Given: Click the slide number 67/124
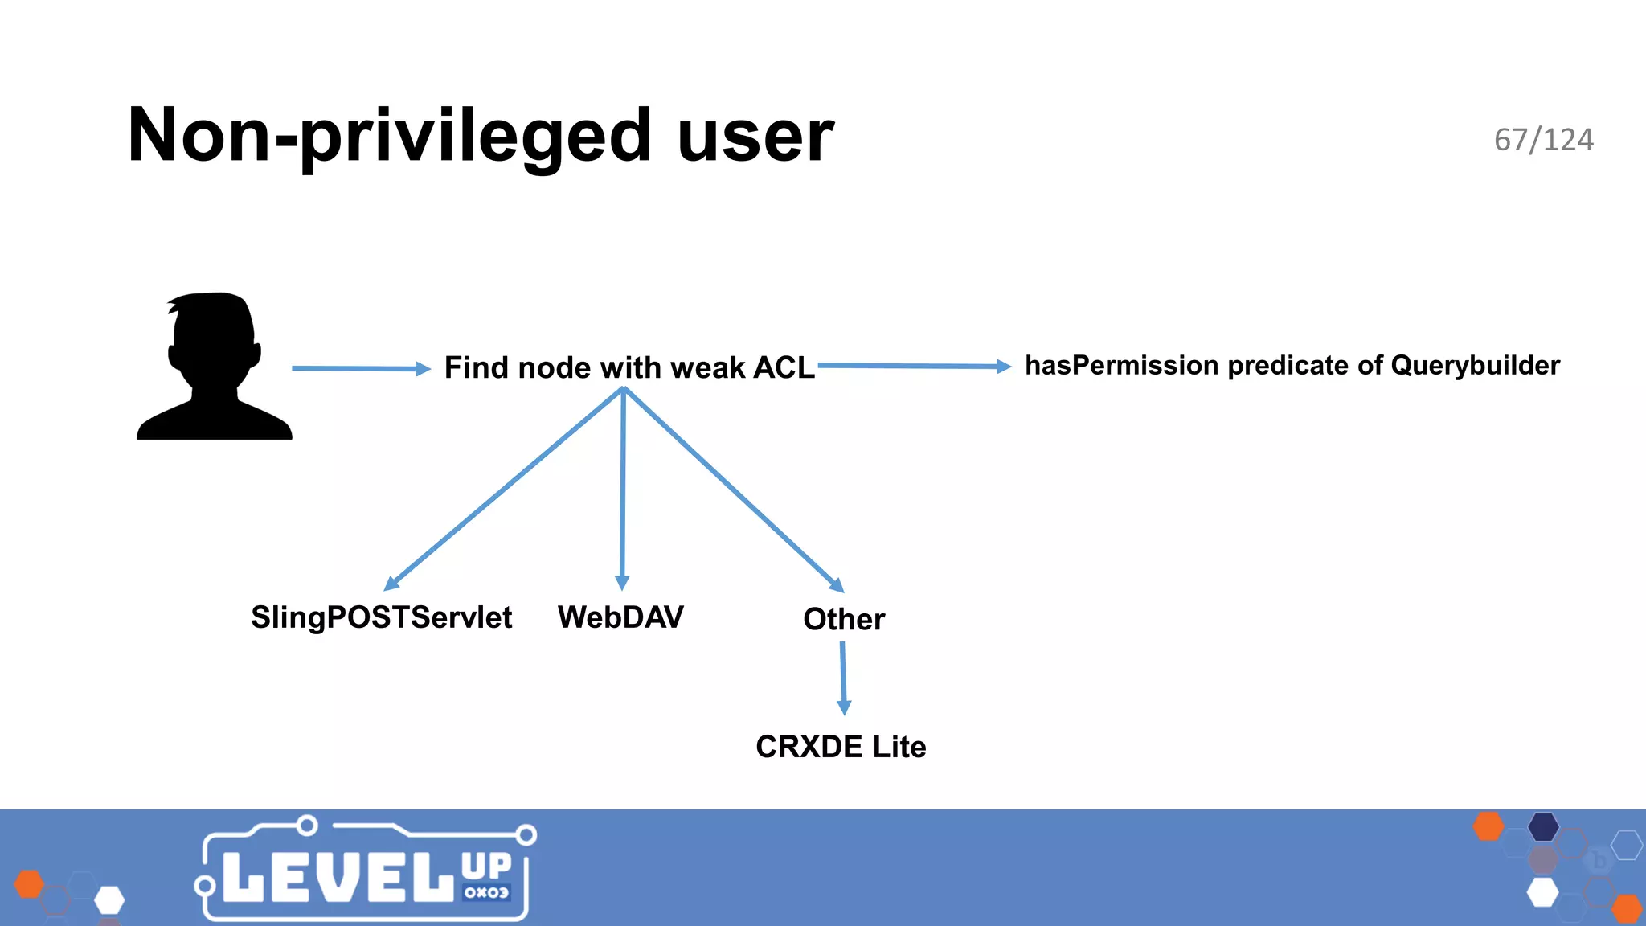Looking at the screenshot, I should pos(1543,140).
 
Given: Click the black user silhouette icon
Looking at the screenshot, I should pos(214,366).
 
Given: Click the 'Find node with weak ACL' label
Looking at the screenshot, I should pos(629,367).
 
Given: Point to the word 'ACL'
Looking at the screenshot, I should pos(784,367).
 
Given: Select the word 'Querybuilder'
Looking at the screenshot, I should pos(1475,365).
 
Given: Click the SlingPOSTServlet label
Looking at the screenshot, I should pos(381,617).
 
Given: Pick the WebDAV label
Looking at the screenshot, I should pos(620,617).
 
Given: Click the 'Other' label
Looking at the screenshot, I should pos(844,619).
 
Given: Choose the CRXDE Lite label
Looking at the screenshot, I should pos(841,747).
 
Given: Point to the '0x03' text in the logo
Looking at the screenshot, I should pos(486,892).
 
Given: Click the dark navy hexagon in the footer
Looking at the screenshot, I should pos(1543,826).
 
